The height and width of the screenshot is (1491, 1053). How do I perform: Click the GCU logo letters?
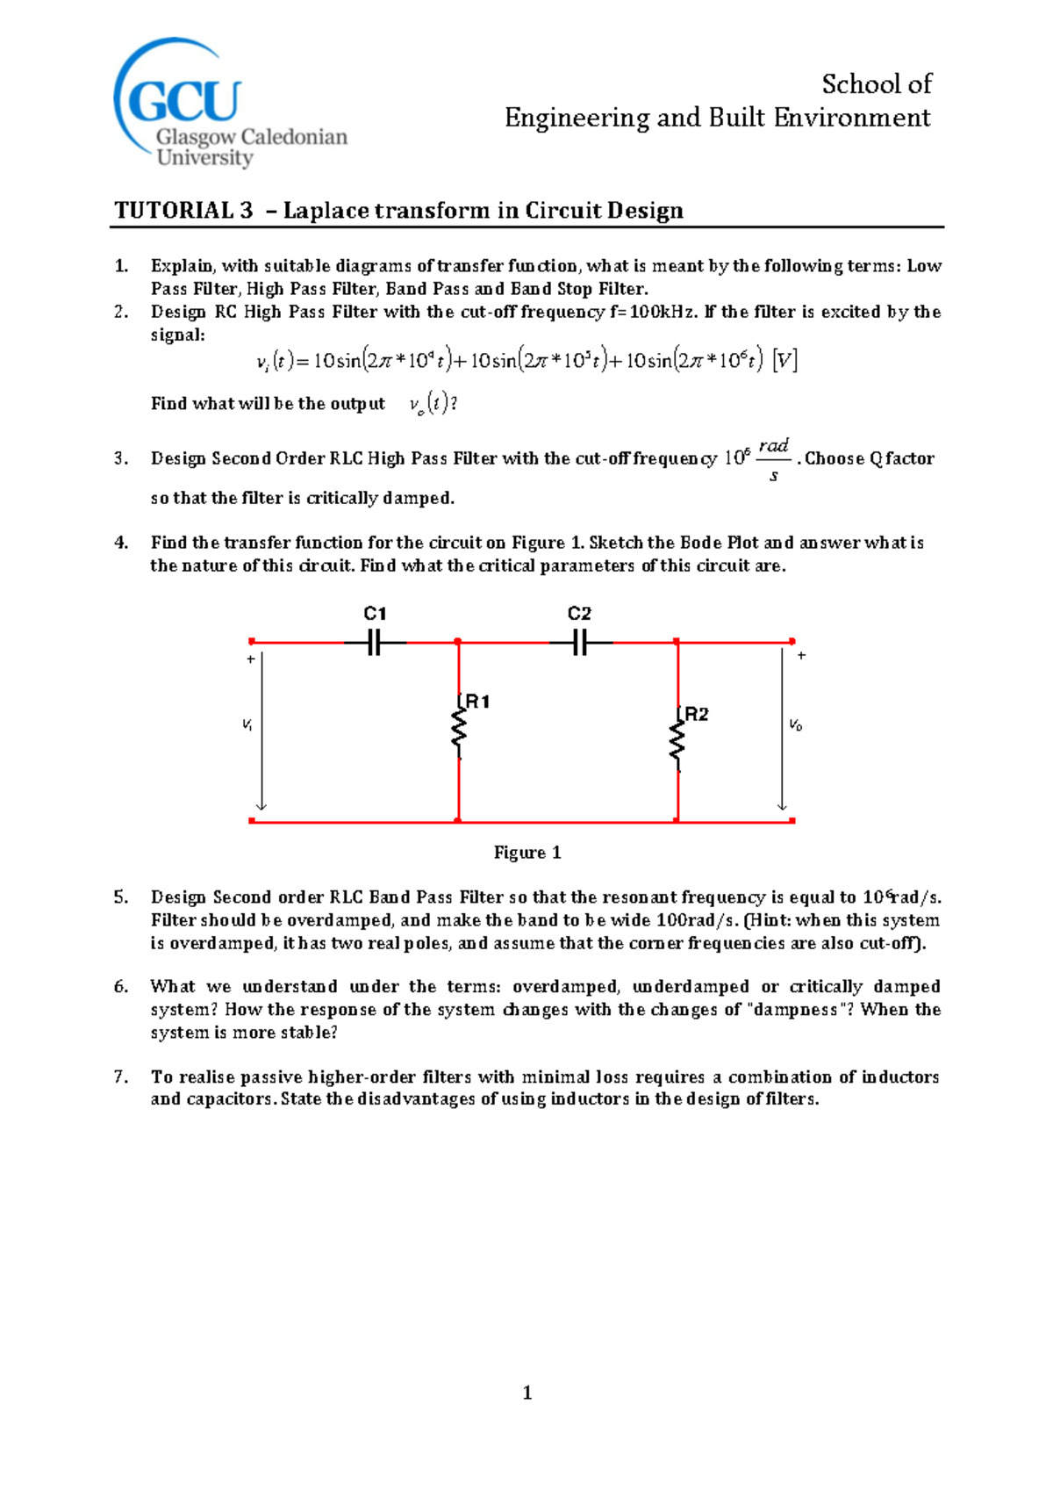(184, 101)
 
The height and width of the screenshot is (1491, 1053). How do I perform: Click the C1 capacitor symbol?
(375, 643)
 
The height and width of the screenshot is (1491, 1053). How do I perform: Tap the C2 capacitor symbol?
(579, 643)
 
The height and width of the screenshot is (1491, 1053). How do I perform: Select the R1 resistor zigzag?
(458, 731)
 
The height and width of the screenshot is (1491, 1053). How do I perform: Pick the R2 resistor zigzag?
(677, 743)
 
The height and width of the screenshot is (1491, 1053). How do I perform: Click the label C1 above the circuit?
(375, 614)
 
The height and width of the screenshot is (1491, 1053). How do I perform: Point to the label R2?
(697, 714)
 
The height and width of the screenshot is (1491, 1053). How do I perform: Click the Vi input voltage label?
(247, 724)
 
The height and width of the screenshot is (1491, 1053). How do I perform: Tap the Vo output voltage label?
(795, 724)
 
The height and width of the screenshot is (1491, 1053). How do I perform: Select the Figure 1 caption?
(527, 853)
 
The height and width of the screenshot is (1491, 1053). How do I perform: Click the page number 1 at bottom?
(527, 1392)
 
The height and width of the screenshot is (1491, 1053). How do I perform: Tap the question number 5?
(121, 897)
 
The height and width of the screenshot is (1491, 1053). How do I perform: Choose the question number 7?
(121, 1077)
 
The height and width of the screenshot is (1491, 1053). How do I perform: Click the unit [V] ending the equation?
(784, 360)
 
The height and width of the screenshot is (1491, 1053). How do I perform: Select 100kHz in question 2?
(664, 312)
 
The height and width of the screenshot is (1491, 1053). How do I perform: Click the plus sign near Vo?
(801, 655)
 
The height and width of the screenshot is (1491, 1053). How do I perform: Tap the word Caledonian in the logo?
(294, 137)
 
